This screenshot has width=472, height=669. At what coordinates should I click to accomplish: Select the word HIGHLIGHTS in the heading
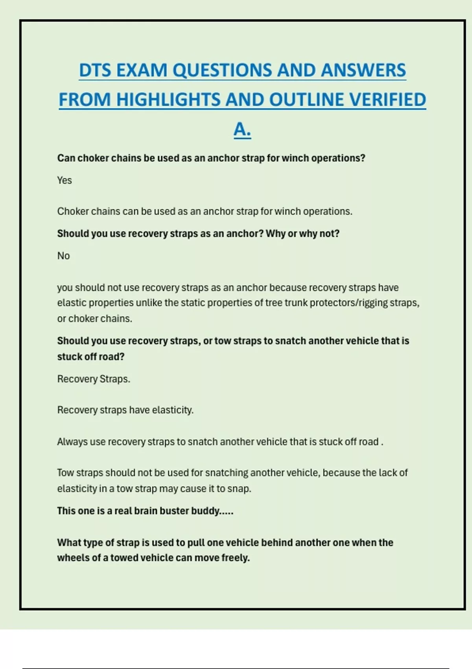(x=168, y=100)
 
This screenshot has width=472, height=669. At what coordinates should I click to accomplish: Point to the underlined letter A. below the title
(x=242, y=129)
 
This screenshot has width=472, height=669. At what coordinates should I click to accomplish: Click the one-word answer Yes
(x=65, y=181)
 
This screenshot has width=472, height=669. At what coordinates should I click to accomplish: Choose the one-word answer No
(x=63, y=256)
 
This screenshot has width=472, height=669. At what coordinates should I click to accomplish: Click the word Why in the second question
(x=275, y=234)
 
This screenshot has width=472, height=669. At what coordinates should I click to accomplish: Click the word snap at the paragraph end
(x=239, y=489)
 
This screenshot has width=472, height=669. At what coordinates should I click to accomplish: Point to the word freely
(x=236, y=558)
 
